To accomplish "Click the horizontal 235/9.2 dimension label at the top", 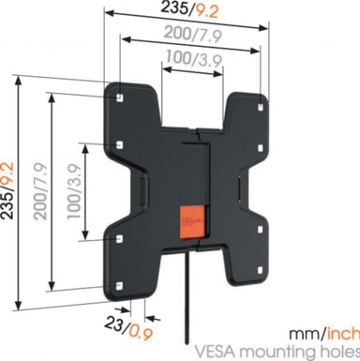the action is pos(188,10).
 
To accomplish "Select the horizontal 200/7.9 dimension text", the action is pos(193,34).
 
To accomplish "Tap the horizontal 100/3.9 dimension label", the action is pos(194,58).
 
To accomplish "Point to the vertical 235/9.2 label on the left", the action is pos(7,190).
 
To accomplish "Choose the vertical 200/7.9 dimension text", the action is pos(40,191).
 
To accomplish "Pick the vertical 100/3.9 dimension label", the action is pos(74,191).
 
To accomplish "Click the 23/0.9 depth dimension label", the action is pos(128,328).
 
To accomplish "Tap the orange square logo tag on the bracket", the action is pos(192,222).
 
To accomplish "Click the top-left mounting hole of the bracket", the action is pos(120,98).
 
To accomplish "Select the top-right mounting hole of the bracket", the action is pos(261,107).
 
